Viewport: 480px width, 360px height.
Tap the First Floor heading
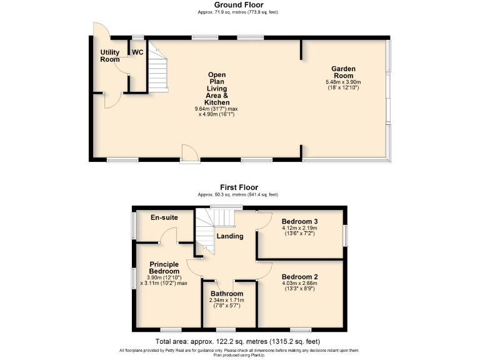238,187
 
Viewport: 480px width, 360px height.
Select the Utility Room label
110,56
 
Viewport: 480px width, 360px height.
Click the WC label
137,52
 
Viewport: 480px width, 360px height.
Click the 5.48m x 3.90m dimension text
343,82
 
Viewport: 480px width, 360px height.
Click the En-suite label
164,217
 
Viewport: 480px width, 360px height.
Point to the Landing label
230,236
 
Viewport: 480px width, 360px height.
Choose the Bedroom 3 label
299,221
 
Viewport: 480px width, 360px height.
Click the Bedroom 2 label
299,276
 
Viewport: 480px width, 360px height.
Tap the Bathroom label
226,293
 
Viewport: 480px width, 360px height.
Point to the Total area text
237,341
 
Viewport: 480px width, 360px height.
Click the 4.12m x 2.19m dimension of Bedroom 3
299,228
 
